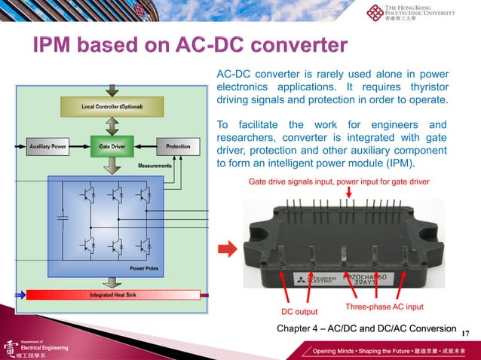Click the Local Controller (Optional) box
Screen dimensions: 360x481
[x=112, y=108]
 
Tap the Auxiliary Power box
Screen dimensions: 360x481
[x=47, y=145]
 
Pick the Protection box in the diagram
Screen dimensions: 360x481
[x=178, y=145]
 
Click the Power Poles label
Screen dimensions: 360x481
[x=144, y=268]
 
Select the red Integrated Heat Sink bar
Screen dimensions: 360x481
[x=112, y=294]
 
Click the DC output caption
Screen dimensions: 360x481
[x=299, y=312]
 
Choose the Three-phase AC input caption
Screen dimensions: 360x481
[x=384, y=307]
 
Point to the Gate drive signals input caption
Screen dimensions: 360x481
[x=339, y=182]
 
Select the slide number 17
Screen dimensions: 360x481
[x=465, y=333]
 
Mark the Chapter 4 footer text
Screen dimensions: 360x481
[x=366, y=328]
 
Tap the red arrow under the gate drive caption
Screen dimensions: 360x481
[x=348, y=194]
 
